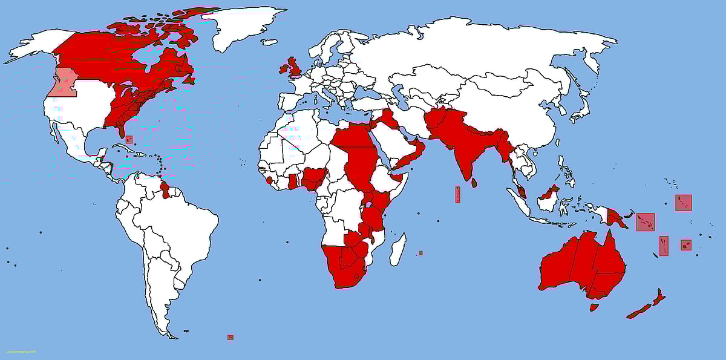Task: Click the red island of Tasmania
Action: pos(594,307)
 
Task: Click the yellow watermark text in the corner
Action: pos(21,352)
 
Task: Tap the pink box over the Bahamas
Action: pos(129,139)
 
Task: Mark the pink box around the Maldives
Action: pos(457,194)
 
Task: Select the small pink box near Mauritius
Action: pos(420,253)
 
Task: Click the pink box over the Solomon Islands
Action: pos(645,222)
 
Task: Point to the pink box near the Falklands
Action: pos(230,337)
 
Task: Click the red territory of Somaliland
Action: pos(397,177)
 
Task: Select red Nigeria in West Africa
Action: pos(314,178)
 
